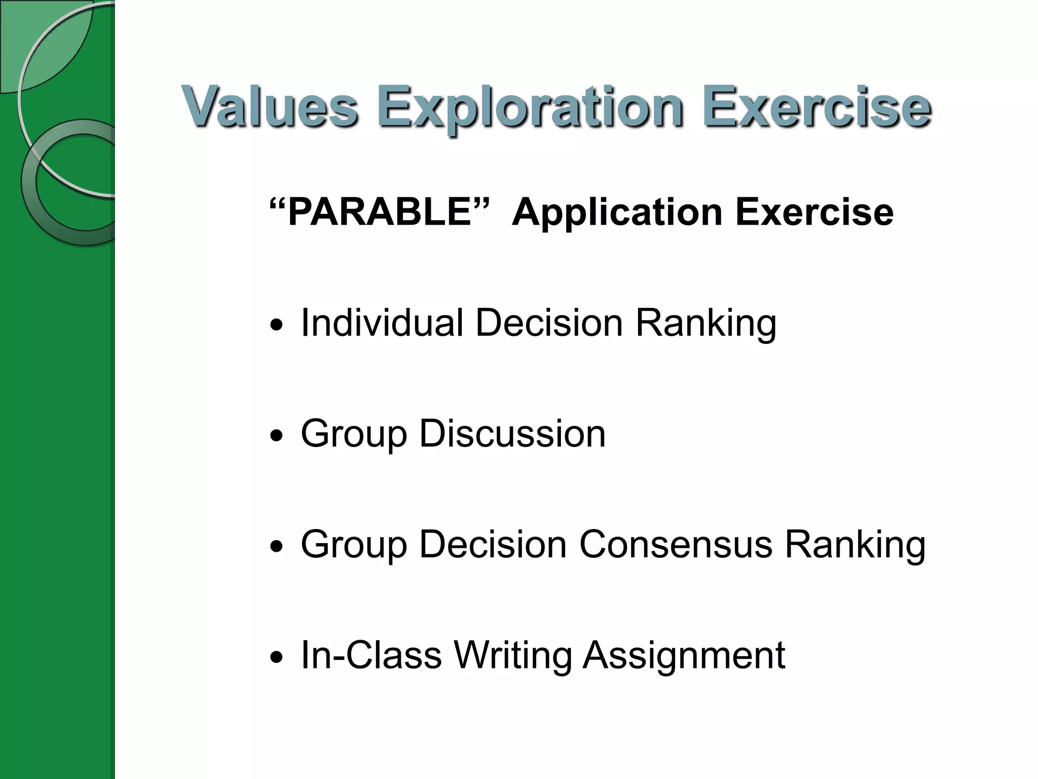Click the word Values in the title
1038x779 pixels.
coord(270,108)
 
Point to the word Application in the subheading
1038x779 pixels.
coord(617,212)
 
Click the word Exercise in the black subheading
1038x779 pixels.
coord(814,212)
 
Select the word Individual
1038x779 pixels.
coord(382,323)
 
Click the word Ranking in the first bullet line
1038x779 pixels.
coord(706,324)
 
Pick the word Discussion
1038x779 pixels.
coord(512,434)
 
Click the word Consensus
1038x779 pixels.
coord(676,545)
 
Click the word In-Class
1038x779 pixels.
coord(371,655)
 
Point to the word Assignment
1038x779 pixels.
coord(684,656)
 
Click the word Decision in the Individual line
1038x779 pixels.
coord(549,323)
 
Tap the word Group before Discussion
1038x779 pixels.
coord(354,435)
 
